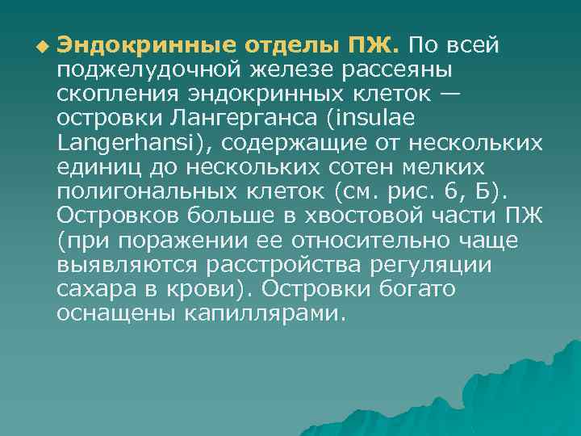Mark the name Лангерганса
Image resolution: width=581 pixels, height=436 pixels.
click(x=248, y=118)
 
